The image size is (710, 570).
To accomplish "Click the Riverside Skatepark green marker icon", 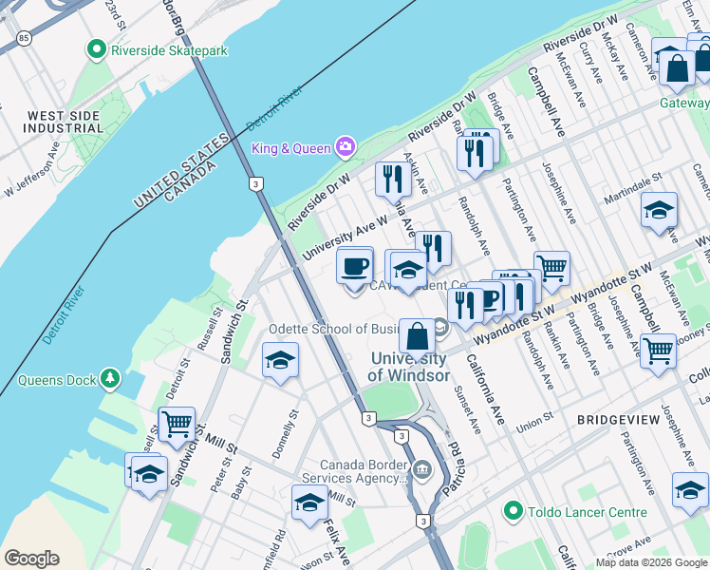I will tap(95, 48).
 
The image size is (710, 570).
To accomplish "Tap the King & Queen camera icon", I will tap(345, 147).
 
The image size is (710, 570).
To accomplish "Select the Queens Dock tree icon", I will tap(111, 380).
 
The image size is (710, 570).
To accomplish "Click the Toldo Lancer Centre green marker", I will tap(514, 512).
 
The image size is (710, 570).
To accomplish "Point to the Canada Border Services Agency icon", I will tap(422, 468).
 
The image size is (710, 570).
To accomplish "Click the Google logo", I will tap(31, 559).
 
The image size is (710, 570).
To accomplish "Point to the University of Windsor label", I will tap(409, 367).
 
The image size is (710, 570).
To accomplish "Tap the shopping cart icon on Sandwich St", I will tap(177, 424).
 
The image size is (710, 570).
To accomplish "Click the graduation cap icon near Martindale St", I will tap(659, 210).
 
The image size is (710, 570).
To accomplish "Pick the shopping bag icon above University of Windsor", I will tap(417, 334).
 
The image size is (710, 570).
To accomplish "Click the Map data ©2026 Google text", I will tap(651, 561).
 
